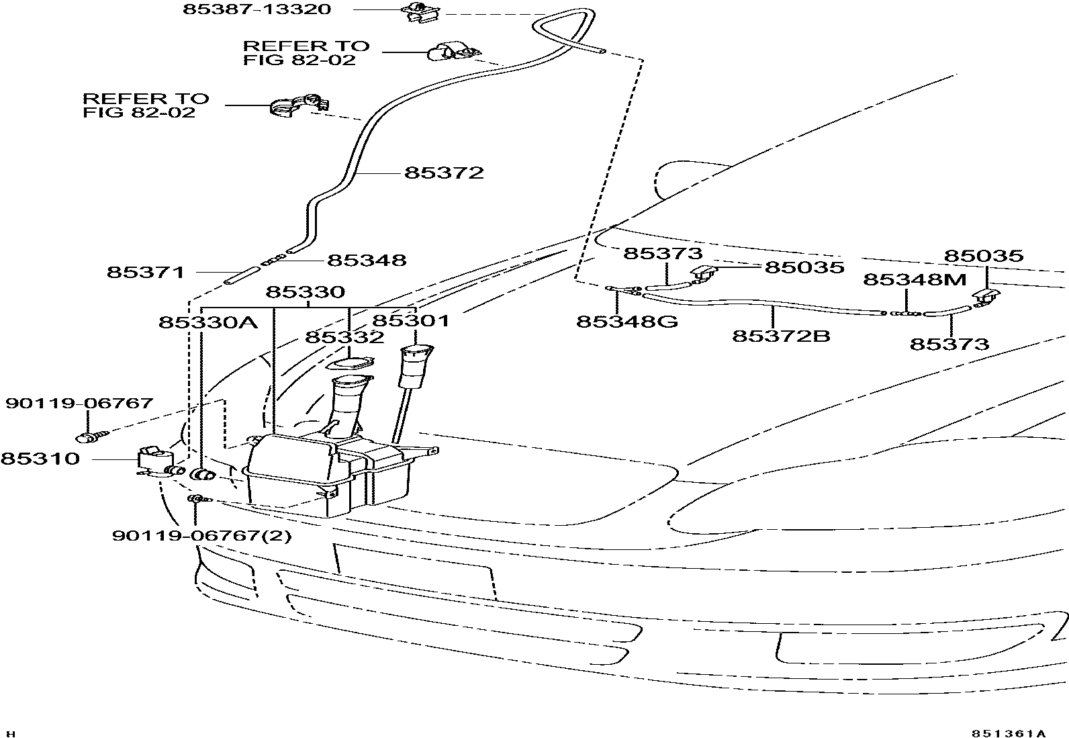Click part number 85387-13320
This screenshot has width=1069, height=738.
click(x=257, y=9)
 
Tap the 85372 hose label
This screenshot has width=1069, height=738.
click(x=444, y=173)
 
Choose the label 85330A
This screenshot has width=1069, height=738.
click(x=208, y=322)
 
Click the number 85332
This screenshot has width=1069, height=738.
click(x=344, y=337)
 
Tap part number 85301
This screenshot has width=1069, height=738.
click(x=410, y=321)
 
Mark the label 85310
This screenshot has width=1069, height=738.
click(x=40, y=459)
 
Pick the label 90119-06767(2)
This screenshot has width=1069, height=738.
click(x=201, y=536)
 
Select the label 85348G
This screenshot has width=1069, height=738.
click(x=627, y=322)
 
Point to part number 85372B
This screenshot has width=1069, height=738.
click(x=781, y=335)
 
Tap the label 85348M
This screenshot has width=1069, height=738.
click(x=914, y=279)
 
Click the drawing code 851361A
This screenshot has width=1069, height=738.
click(x=1007, y=733)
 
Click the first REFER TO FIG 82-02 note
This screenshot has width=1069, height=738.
click(x=306, y=52)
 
